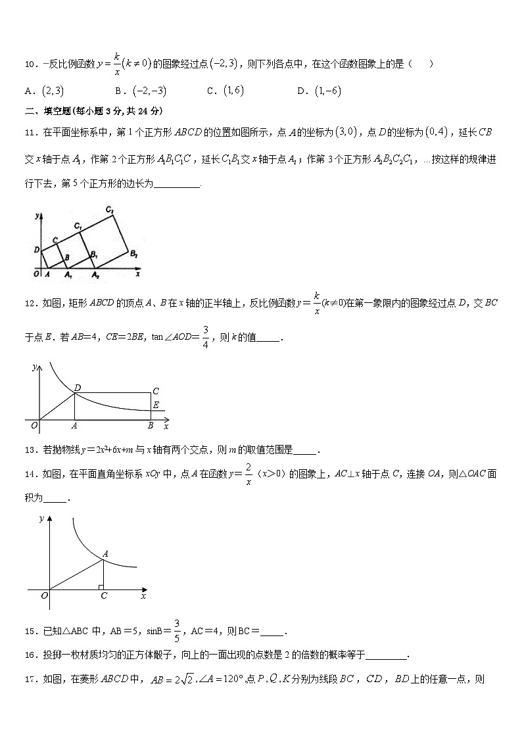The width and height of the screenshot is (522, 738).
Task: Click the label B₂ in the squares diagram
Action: [x=133, y=254]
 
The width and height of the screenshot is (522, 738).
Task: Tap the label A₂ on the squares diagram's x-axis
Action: [x=95, y=275]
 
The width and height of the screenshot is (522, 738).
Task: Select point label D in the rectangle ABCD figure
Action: [x=77, y=388]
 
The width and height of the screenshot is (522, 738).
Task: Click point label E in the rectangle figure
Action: [x=155, y=405]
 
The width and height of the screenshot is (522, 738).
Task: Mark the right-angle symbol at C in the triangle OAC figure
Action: [x=100, y=586]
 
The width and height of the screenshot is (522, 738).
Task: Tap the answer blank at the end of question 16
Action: [x=387, y=655]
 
